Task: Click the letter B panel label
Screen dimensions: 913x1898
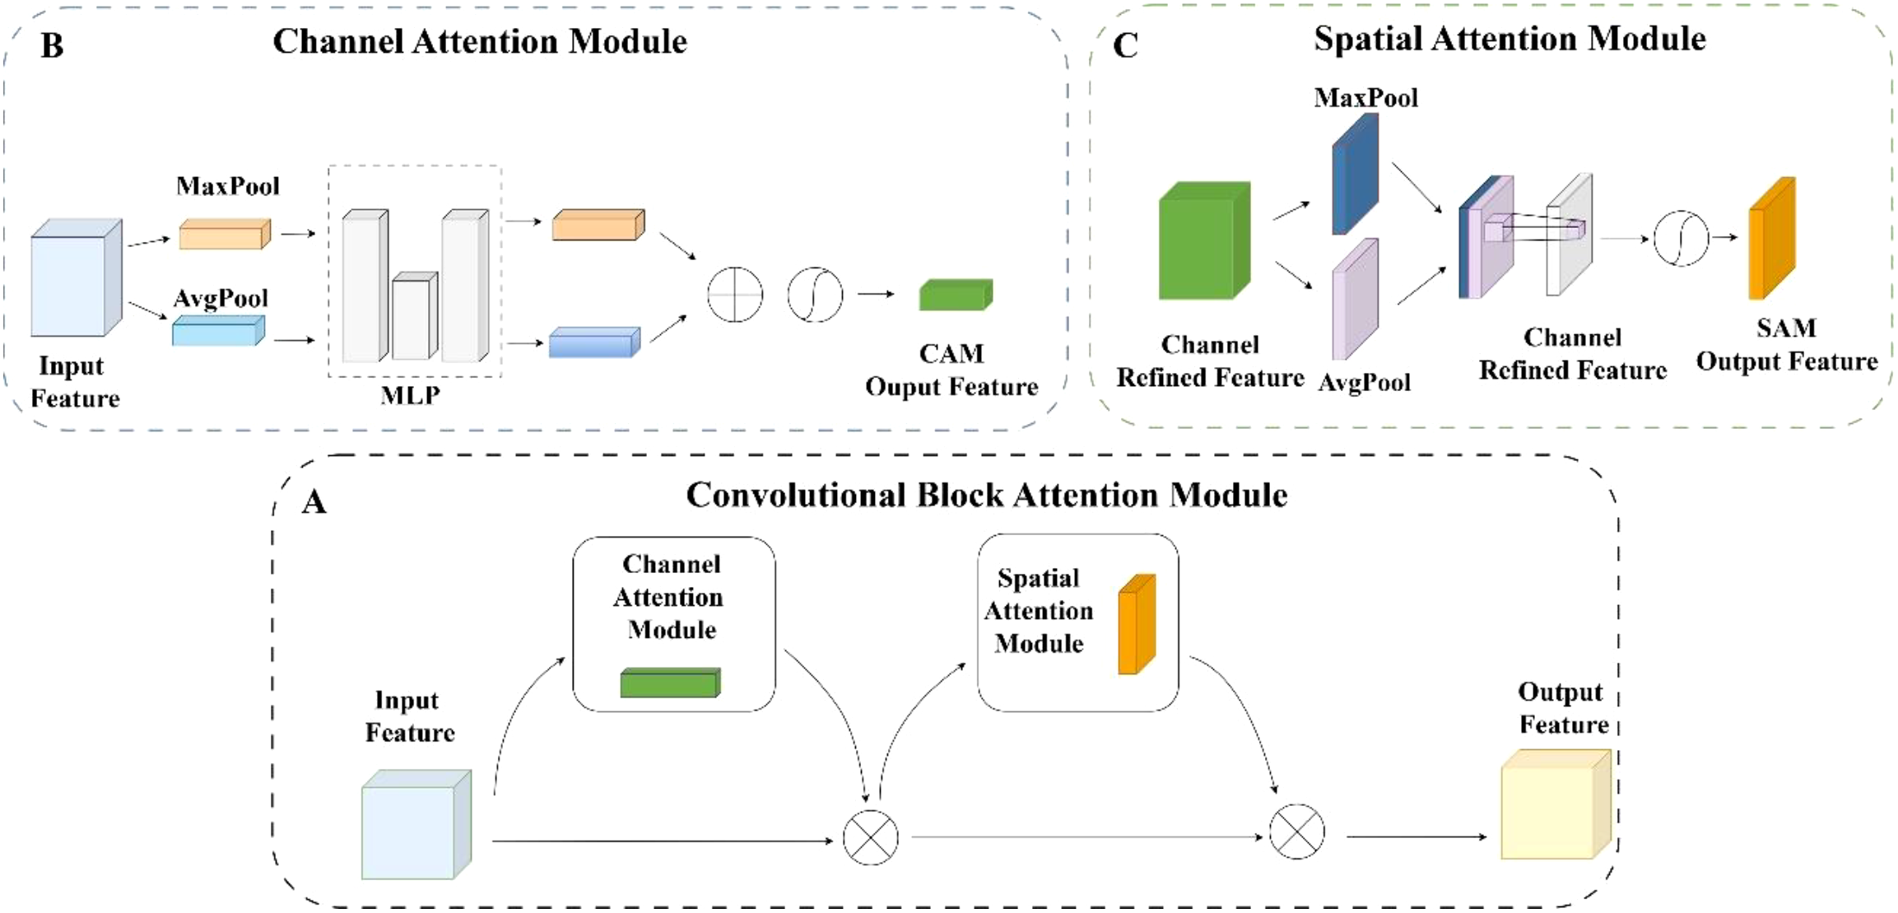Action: click(52, 45)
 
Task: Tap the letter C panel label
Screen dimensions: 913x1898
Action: click(1125, 45)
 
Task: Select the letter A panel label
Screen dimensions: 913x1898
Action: click(314, 501)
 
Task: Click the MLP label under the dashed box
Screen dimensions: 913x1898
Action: click(410, 396)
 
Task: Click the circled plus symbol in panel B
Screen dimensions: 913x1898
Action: click(735, 294)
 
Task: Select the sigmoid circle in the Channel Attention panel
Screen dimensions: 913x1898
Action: click(815, 294)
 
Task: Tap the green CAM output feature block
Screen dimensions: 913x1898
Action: click(956, 295)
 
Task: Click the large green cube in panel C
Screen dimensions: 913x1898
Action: click(1203, 242)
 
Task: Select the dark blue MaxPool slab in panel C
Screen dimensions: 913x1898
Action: click(1354, 175)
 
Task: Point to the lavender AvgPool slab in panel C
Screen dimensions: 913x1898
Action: click(1354, 300)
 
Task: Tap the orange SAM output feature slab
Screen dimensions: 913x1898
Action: click(1771, 239)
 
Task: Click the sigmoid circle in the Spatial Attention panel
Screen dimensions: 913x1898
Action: click(1681, 239)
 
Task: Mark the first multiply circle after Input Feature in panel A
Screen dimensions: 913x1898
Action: click(871, 837)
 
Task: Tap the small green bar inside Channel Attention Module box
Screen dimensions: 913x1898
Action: click(670, 683)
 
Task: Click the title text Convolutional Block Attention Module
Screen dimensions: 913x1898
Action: click(986, 496)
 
